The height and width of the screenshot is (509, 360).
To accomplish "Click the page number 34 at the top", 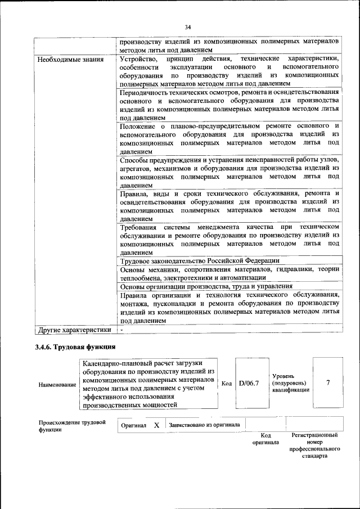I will coord(188,26).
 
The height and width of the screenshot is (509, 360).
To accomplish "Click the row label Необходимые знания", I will coord(67,59).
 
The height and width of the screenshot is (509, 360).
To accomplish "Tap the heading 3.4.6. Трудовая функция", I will coord(75,346).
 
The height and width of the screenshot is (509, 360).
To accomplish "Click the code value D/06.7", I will coord(248,384).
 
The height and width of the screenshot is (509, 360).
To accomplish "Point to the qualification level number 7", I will coord(327,383).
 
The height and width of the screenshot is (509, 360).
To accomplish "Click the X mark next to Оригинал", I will coord(157,425).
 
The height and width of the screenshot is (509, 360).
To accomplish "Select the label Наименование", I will coord(57,385).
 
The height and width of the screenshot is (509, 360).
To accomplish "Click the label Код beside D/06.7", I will coord(226,384).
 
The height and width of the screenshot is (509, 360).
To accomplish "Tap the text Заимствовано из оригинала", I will coord(204,425).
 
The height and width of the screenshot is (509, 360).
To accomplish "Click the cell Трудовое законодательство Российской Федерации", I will coord(200,260).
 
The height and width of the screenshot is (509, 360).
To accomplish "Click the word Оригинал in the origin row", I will coord(133,426).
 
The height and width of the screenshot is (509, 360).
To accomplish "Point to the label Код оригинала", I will coord(266,439).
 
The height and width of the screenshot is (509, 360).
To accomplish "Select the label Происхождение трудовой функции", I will coord(72,426).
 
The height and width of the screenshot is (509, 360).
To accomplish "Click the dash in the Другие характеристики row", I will coord(121,329).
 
